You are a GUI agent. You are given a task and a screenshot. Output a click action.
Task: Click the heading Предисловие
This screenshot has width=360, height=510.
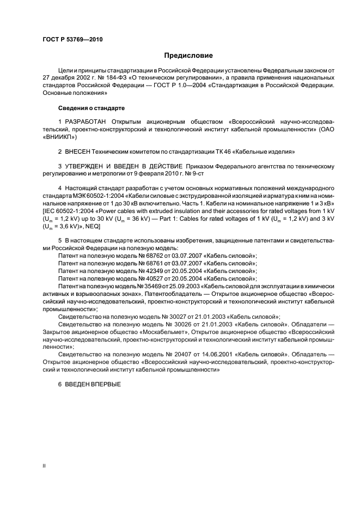tap(189, 56)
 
